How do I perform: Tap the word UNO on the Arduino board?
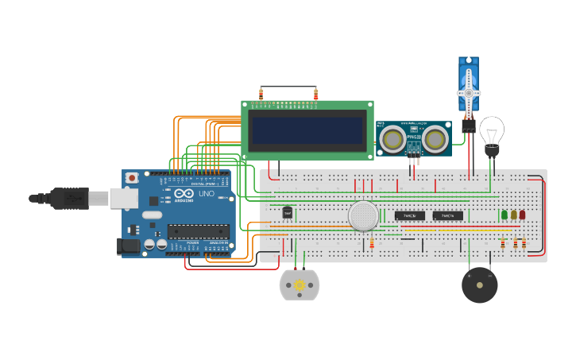[206, 194]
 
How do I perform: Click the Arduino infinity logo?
[184, 194]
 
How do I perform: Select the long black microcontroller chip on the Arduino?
[198, 232]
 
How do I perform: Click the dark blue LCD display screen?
[306, 130]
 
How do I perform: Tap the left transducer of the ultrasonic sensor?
[392, 140]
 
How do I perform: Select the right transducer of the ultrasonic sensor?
[434, 140]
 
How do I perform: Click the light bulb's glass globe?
[492, 129]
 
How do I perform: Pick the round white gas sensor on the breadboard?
[363, 215]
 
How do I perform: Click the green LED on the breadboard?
[504, 215]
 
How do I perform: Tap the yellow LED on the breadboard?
[513, 215]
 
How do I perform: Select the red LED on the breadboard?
[522, 215]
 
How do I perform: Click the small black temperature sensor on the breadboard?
[288, 212]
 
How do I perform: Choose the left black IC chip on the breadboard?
[409, 215]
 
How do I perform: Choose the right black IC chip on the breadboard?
[448, 215]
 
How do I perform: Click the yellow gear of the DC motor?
[300, 285]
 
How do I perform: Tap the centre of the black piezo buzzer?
[480, 285]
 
